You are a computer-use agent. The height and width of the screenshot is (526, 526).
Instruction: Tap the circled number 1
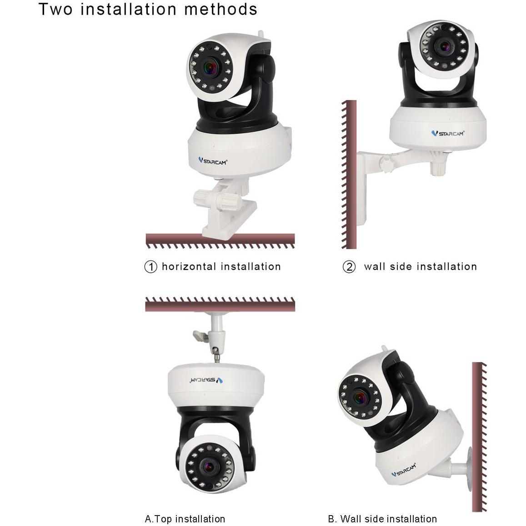point(150,267)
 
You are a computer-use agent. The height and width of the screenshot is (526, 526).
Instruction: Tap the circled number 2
point(349,267)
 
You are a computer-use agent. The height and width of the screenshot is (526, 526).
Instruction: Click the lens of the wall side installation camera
point(444,46)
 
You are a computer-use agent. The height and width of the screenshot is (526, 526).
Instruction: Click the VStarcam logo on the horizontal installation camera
point(213,160)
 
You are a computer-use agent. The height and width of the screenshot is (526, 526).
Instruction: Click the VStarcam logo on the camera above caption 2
point(448,133)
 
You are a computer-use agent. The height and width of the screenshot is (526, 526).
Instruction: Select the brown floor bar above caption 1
point(220,238)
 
